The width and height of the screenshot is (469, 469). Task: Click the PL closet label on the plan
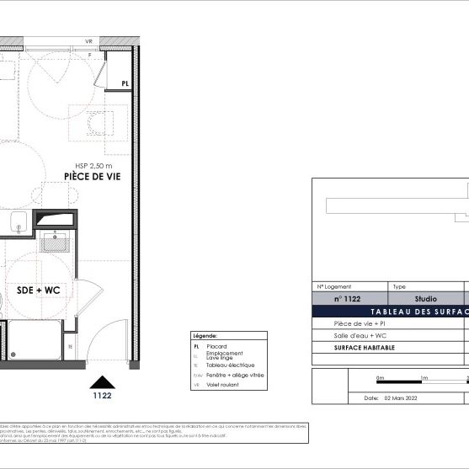[125, 83]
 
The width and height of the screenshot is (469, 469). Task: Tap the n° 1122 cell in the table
[347, 299]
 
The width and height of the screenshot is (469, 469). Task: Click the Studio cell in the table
[426, 299]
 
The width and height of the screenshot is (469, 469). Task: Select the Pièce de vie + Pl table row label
[360, 323]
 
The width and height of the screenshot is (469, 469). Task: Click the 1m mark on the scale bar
[423, 378]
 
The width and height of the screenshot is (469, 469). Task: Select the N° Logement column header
[334, 286]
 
